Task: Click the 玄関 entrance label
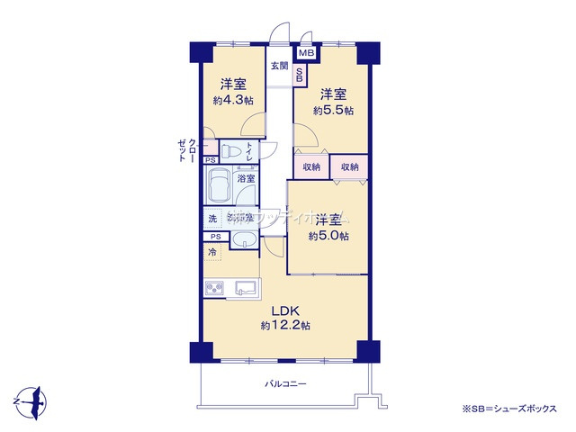(280, 66)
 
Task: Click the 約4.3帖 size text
(230, 101)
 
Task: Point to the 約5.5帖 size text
(333, 111)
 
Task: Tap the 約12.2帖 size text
(286, 325)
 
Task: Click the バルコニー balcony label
(285, 383)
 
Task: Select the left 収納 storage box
(311, 167)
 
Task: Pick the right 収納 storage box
(349, 167)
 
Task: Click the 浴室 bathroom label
(246, 179)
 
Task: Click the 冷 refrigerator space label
(213, 253)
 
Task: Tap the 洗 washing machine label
(213, 219)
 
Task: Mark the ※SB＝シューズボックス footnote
(509, 409)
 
